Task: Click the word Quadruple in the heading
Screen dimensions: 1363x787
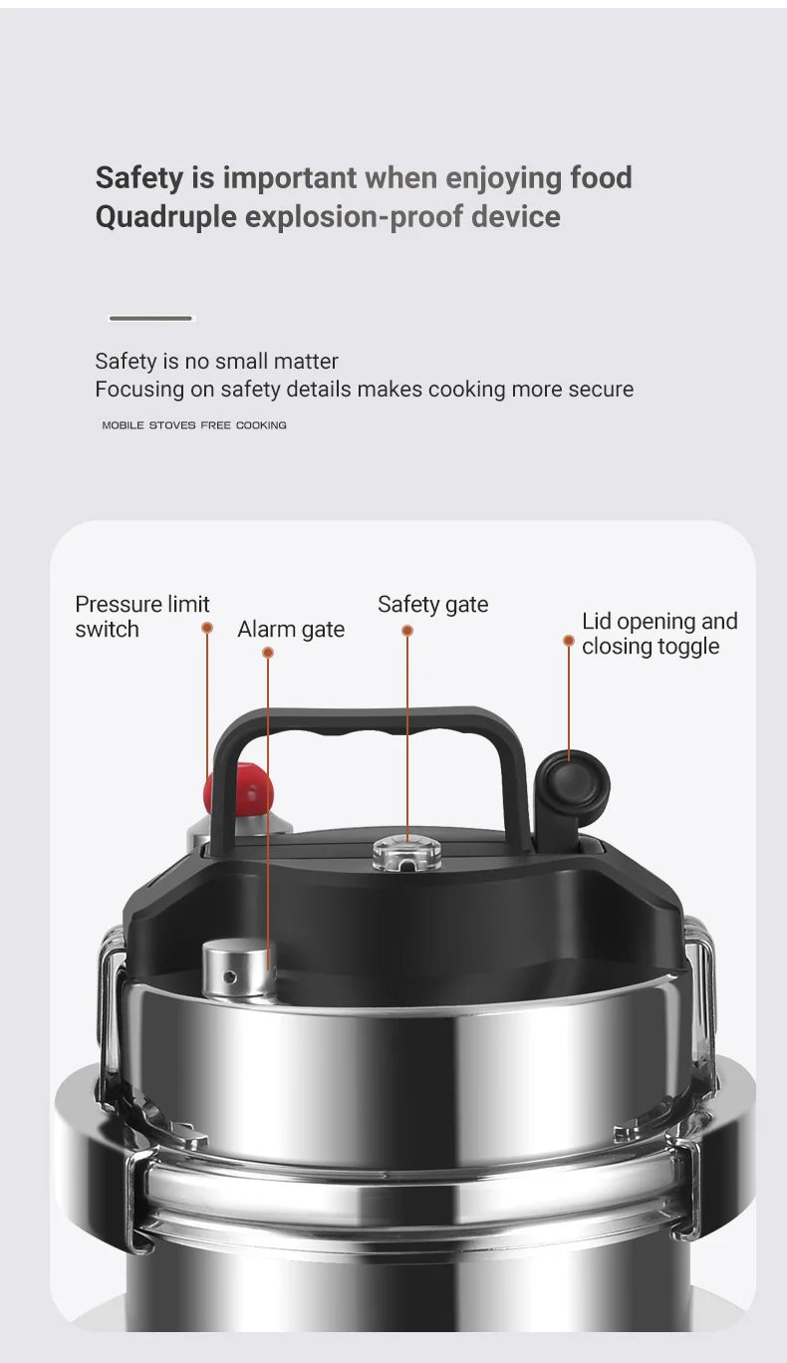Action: (166, 216)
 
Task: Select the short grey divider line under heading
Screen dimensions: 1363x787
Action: (150, 318)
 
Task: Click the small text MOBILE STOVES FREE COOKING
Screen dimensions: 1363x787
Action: (194, 424)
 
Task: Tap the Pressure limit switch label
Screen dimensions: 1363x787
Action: (141, 617)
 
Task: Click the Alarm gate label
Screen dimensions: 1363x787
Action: (291, 630)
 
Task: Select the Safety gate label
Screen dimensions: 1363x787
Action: (432, 604)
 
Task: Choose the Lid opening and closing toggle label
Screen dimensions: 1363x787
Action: (658, 634)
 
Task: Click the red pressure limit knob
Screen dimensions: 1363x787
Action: (239, 788)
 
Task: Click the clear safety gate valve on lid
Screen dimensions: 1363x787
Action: (406, 853)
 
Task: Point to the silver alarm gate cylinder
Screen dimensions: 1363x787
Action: (238, 968)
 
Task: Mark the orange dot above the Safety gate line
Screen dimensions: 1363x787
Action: (407, 631)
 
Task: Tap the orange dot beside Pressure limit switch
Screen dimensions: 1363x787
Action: (207, 628)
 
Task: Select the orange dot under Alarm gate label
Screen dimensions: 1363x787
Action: (268, 653)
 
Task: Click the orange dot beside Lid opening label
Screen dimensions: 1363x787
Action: (569, 641)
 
